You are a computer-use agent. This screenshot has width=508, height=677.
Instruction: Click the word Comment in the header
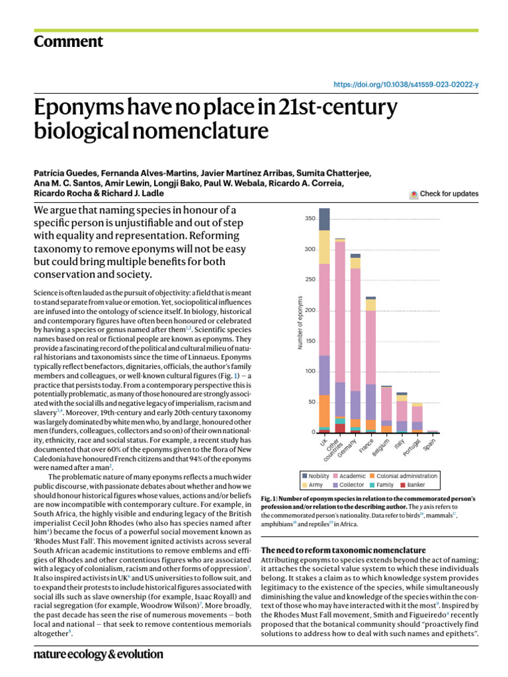click(x=68, y=42)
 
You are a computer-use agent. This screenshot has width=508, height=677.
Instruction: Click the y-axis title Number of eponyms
click(x=300, y=323)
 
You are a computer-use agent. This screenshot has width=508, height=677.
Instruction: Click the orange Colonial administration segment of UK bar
click(x=324, y=410)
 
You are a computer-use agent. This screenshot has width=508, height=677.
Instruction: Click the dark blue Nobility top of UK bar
click(x=324, y=219)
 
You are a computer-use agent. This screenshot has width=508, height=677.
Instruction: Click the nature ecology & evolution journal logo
click(x=98, y=654)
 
